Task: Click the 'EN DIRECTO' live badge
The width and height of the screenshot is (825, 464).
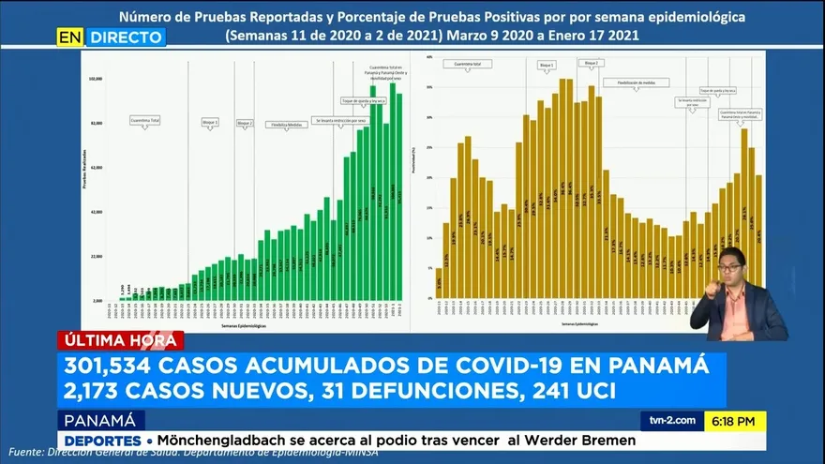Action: coord(111,37)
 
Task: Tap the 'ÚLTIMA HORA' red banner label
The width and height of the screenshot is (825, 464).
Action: coord(120,341)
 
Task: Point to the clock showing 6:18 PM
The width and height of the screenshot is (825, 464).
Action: coord(735,422)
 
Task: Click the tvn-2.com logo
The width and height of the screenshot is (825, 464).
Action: coord(668,422)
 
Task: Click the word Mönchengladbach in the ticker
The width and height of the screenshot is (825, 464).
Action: coord(242,441)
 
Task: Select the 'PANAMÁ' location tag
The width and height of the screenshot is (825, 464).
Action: coord(100,420)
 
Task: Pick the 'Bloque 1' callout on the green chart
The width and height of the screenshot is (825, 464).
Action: coord(210,122)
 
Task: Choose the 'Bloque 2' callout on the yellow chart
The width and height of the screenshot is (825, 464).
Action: coord(591,63)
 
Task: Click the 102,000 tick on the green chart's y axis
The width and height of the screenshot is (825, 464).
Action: coord(96,79)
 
